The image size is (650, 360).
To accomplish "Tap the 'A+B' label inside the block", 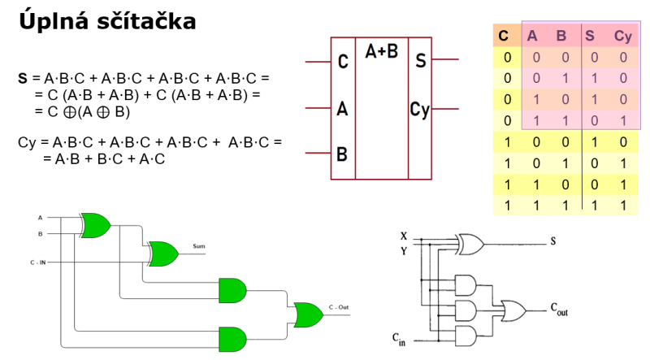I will point(381,52).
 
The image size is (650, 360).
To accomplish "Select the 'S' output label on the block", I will point(420,61).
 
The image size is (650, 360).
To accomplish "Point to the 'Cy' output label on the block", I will point(419,110).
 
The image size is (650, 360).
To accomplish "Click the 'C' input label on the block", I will point(343,61).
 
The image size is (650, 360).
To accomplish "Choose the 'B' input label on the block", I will point(342,153).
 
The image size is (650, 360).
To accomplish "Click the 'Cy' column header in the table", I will point(622,36).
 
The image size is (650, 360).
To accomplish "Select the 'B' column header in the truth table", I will point(561,36).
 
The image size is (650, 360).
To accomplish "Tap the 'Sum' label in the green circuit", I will point(199,245).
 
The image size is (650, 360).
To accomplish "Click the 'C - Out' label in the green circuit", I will point(339,307).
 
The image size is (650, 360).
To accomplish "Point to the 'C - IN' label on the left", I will point(38,262).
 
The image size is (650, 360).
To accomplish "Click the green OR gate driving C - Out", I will point(308,314).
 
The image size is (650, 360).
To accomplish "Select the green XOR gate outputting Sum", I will point(162,253).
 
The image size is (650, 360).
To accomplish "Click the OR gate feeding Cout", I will point(513,309).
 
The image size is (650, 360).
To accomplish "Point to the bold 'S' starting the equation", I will point(23,78).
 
